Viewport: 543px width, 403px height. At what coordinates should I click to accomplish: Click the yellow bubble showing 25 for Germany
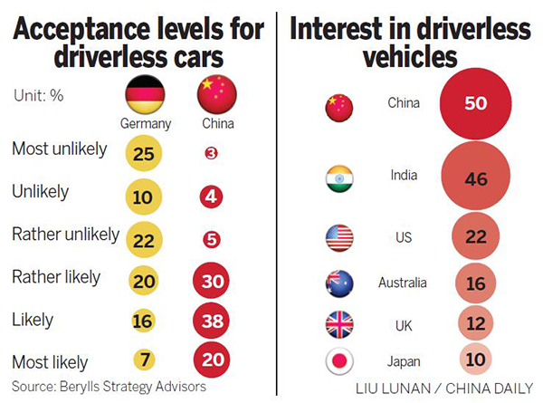click(143, 154)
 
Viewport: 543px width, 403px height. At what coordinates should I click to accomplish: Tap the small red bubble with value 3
click(211, 154)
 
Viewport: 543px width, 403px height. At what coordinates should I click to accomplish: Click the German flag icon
click(143, 92)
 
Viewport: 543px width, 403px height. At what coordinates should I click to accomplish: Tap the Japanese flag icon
click(338, 361)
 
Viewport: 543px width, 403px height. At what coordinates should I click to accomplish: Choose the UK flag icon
click(338, 323)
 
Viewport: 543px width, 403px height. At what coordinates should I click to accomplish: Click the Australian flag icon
click(338, 283)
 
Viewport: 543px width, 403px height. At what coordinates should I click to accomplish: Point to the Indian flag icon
click(338, 179)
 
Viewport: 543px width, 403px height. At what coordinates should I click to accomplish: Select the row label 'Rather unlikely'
click(65, 235)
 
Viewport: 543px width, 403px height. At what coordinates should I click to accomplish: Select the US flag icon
click(338, 238)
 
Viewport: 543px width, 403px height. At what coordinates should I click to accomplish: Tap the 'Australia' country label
click(403, 283)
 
